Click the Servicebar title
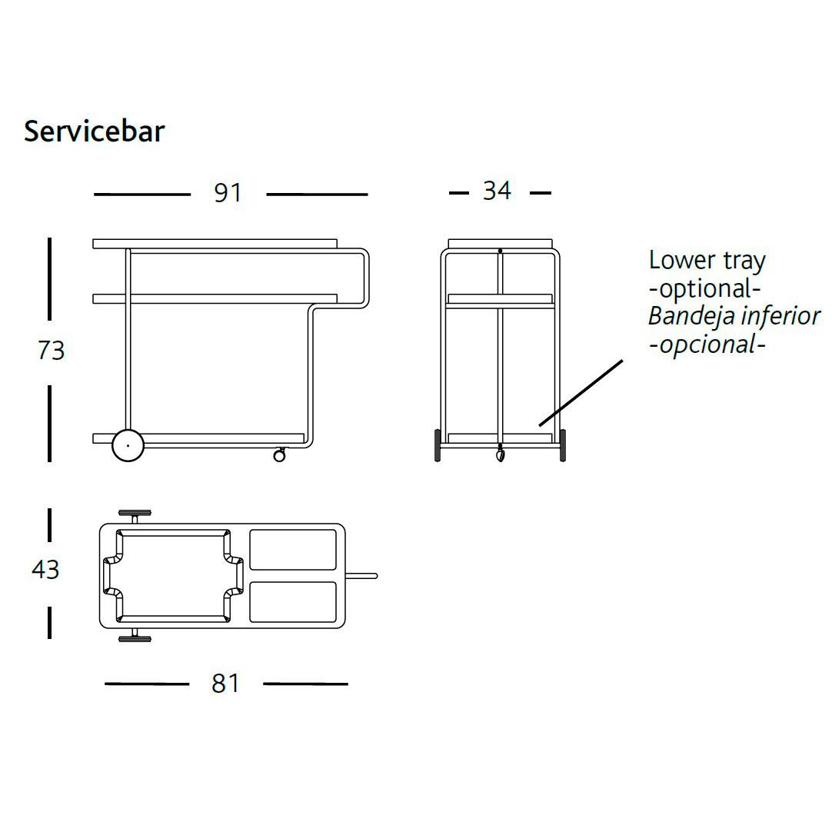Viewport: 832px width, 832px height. pyautogui.click(x=95, y=131)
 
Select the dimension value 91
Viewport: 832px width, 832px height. pyautogui.click(x=228, y=192)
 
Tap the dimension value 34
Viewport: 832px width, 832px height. pyautogui.click(x=498, y=191)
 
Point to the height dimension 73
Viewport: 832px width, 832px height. pyautogui.click(x=51, y=350)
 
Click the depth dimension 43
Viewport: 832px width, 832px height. pyautogui.click(x=45, y=569)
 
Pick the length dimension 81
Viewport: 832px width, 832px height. pyautogui.click(x=225, y=684)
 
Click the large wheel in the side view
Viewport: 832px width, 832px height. pyautogui.click(x=128, y=446)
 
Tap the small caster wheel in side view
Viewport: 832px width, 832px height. pyautogui.click(x=279, y=454)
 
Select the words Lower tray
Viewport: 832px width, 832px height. pyautogui.click(x=707, y=261)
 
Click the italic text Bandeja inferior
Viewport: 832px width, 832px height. pyautogui.click(x=734, y=316)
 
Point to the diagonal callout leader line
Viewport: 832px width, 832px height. pyautogui.click(x=581, y=393)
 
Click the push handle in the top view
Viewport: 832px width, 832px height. pyautogui.click(x=361, y=576)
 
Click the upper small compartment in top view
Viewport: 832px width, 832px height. pyautogui.click(x=293, y=550)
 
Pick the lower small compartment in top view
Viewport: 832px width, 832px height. pyautogui.click(x=293, y=602)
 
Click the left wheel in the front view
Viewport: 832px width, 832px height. pyautogui.click(x=438, y=445)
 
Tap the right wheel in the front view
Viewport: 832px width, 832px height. pyautogui.click(x=562, y=445)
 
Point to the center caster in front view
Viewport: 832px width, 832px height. pyautogui.click(x=500, y=454)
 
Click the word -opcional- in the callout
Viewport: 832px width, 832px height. pyautogui.click(x=707, y=345)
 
